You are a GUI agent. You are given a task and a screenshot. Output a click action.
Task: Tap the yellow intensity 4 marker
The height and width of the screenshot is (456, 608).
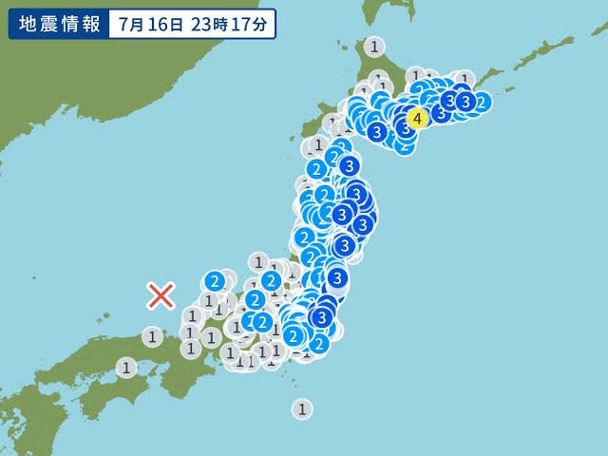click(416, 119)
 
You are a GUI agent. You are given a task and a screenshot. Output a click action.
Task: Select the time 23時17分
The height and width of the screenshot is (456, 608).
click(229, 25)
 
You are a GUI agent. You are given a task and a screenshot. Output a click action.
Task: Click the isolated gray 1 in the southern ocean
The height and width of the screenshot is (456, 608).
click(302, 409)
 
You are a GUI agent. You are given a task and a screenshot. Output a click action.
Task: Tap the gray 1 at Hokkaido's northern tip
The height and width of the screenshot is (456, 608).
click(376, 46)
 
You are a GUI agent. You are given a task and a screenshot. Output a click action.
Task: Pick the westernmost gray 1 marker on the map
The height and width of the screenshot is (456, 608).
click(126, 367)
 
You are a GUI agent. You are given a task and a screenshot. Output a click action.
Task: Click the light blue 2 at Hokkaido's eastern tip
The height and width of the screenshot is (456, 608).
click(481, 103)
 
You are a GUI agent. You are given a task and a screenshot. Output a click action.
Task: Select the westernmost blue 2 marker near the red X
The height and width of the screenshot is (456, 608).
click(216, 280)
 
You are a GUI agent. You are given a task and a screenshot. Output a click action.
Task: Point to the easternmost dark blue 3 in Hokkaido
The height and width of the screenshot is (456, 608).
click(465, 100)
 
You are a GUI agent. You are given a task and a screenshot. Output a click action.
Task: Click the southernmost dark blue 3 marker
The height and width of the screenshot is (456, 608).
click(323, 316)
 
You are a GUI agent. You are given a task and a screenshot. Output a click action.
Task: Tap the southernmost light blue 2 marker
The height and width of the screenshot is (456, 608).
click(319, 343)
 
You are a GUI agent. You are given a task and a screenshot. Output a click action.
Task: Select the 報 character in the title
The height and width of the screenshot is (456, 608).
click(90, 25)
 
